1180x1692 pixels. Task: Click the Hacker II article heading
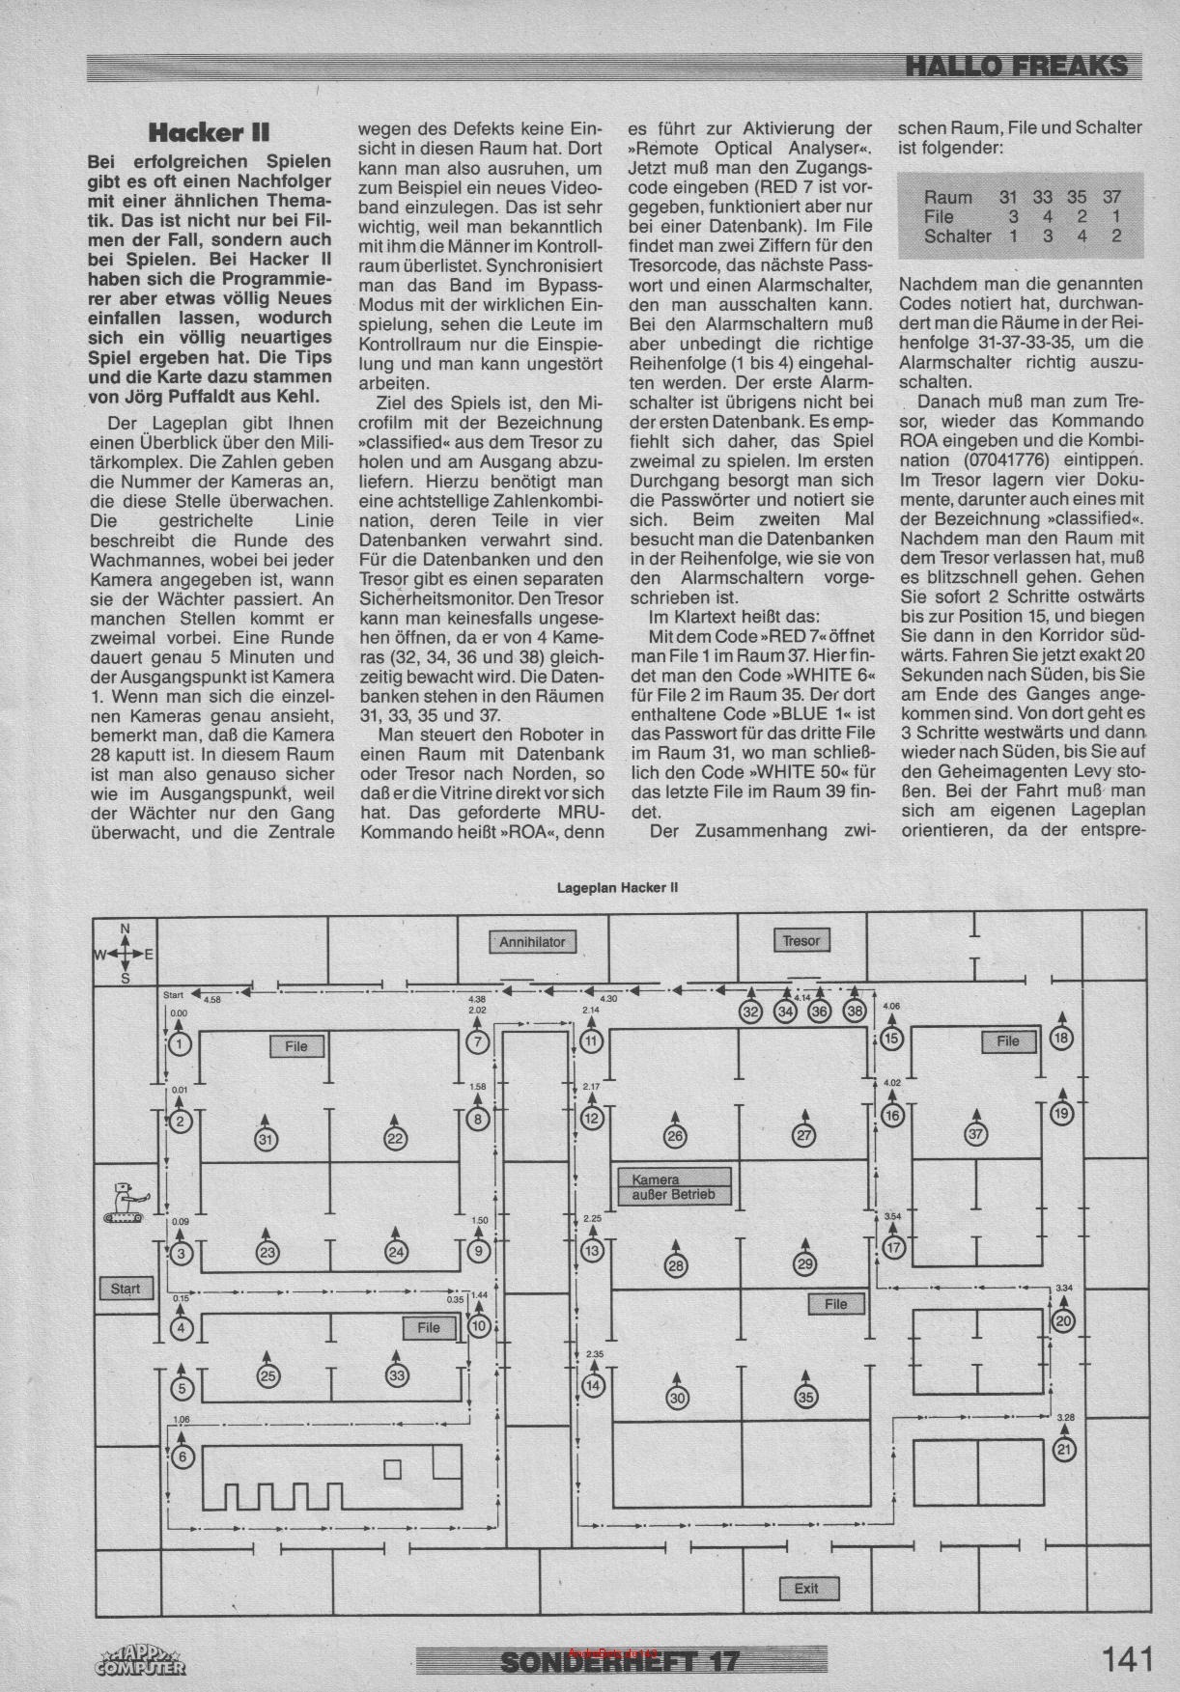click(209, 131)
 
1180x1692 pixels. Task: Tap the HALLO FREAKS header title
click(1017, 66)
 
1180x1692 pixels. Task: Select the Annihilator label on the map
click(532, 941)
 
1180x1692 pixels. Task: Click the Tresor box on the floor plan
click(801, 940)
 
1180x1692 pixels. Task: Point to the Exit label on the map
click(806, 1589)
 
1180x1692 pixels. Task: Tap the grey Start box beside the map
click(126, 1288)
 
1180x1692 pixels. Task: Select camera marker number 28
click(675, 1265)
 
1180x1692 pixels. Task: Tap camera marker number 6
click(183, 1456)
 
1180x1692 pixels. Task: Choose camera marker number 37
click(976, 1134)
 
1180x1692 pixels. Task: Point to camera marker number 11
click(592, 1040)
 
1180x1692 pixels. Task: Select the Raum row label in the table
click(948, 197)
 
